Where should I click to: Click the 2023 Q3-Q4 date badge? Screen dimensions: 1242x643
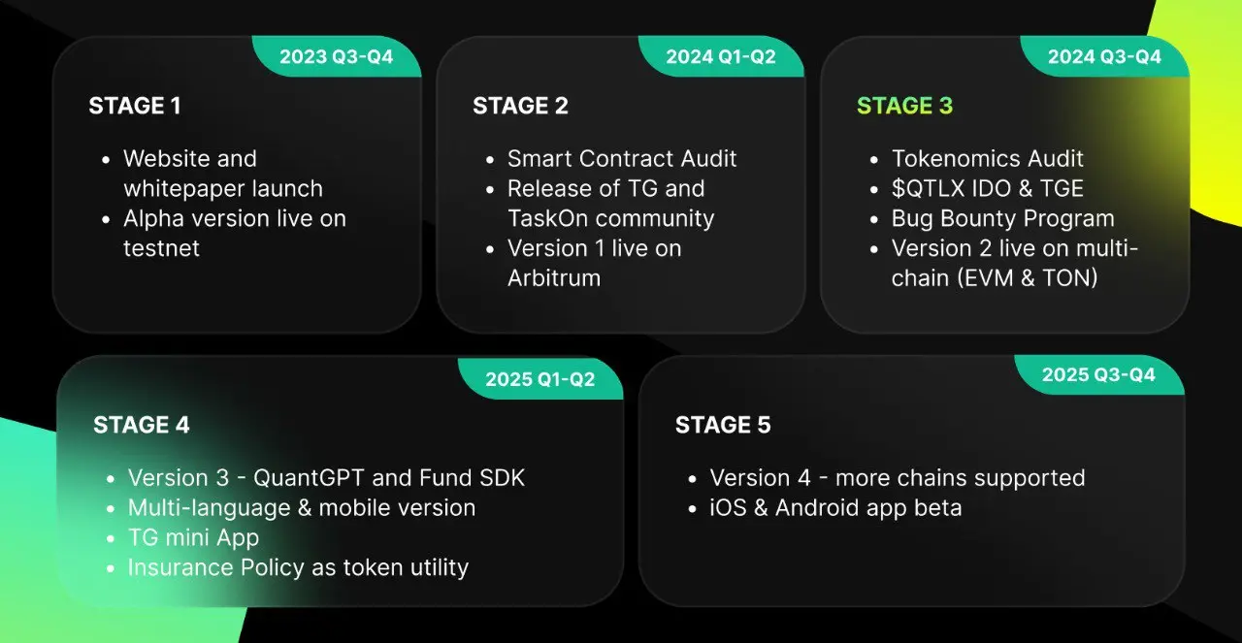(x=337, y=56)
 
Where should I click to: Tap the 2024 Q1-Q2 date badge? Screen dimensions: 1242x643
(x=721, y=56)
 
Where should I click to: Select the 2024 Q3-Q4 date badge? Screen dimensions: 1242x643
(x=1104, y=56)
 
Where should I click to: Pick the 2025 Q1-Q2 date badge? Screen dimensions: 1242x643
(x=540, y=379)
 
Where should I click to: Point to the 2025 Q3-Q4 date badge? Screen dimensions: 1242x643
(x=1099, y=374)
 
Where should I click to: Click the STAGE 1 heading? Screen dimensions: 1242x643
(x=135, y=106)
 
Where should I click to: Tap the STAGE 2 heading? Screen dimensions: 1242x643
(x=521, y=106)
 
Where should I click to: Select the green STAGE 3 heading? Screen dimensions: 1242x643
(x=905, y=106)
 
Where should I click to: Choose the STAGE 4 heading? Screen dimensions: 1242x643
(x=142, y=425)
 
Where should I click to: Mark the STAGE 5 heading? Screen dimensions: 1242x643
(x=723, y=425)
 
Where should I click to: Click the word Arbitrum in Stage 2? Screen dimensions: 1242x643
(x=554, y=278)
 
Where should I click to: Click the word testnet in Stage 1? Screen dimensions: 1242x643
(x=161, y=248)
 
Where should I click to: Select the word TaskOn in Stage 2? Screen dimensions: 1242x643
(x=548, y=218)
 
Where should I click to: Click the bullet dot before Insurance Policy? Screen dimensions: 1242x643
(x=111, y=568)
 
